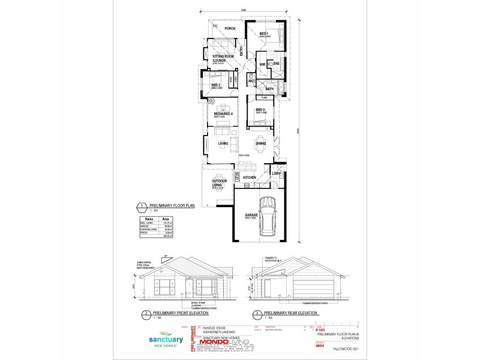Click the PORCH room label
point(229,29)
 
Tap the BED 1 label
point(263,34)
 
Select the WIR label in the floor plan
point(263,64)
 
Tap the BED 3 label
point(260,110)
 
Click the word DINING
point(261,143)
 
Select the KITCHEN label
point(250,178)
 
